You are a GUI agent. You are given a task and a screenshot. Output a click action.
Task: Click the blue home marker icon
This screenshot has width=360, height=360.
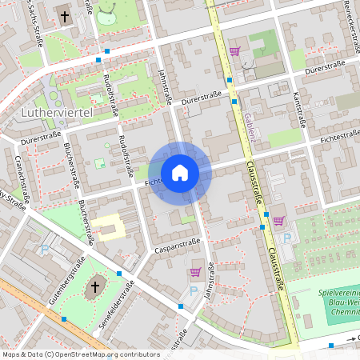pyautogui.click(x=180, y=173)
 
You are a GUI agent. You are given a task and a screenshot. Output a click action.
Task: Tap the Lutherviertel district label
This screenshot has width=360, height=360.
pyautogui.click(x=55, y=115)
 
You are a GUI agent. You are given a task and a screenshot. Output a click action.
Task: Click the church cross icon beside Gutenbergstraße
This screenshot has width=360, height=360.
pyautogui.click(x=95, y=287)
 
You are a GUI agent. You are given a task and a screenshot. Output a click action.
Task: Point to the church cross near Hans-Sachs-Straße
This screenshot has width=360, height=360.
pyautogui.click(x=64, y=16)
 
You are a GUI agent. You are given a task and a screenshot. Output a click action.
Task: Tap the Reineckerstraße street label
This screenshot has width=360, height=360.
pyautogui.click(x=349, y=19)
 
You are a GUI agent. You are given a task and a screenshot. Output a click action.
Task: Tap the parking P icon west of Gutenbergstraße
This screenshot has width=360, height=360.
pyautogui.click(x=45, y=251)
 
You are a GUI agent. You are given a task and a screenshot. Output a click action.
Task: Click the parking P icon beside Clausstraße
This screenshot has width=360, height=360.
pyautogui.click(x=287, y=238)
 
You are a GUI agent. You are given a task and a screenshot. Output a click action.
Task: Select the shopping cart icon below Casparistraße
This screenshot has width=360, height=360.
pyautogui.click(x=195, y=273)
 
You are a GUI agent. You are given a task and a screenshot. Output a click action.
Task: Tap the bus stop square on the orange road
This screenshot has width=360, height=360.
pyautogui.click(x=64, y=318)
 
